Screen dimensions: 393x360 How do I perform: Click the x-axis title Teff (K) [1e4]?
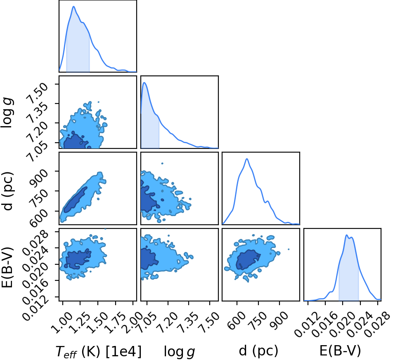click(x=99, y=351)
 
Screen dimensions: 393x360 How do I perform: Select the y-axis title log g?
click(x=7, y=113)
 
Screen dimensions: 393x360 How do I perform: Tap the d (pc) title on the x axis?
click(x=258, y=351)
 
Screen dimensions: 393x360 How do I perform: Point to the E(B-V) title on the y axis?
click(x=7, y=267)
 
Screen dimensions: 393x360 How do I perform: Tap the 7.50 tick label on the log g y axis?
click(x=38, y=93)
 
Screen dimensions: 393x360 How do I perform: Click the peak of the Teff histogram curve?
click(x=73, y=7)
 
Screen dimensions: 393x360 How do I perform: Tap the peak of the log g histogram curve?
click(x=144, y=82)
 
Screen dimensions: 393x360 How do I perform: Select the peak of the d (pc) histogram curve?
click(x=247, y=159)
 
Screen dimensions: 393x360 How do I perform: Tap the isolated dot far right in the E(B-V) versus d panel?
click(x=289, y=249)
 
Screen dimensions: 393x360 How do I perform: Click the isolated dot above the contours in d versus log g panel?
click(x=162, y=163)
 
